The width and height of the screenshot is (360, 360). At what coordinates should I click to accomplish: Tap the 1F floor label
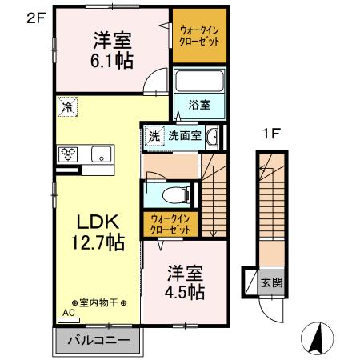(x=269, y=134)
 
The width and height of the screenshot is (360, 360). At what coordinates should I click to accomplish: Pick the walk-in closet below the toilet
(x=170, y=224)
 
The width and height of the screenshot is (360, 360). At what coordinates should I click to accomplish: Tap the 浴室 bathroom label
(x=199, y=104)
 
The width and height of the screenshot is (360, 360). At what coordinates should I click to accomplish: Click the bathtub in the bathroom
(x=199, y=82)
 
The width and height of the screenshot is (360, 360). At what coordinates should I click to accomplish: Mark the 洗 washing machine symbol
(x=154, y=135)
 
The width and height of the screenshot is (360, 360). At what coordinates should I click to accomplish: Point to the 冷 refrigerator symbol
(x=66, y=104)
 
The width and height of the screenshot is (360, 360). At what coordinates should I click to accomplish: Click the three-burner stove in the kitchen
(x=68, y=154)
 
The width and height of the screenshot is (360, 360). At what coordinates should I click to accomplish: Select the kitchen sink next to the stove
(x=102, y=154)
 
